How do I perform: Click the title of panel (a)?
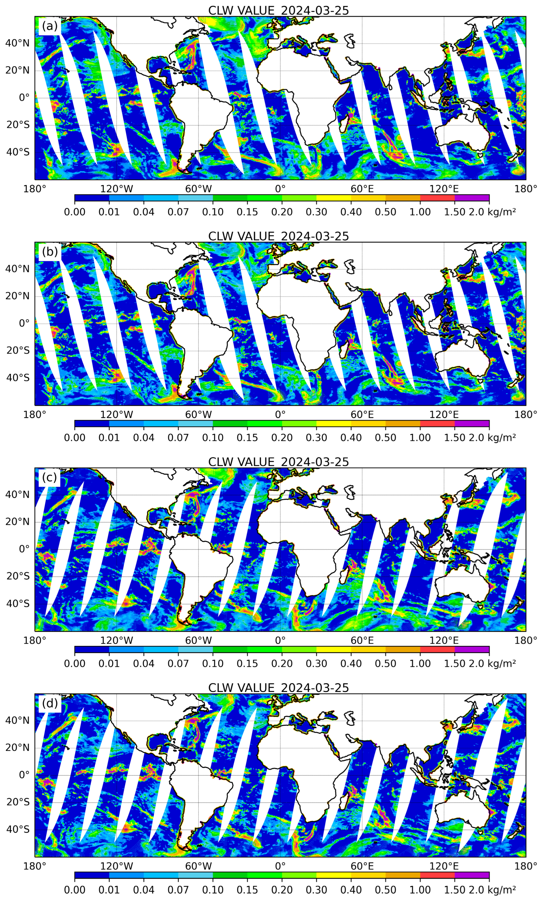pos(278,11)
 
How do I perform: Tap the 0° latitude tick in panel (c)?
pos(24,549)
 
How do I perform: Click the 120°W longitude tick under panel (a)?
pos(117,189)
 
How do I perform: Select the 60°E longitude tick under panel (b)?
pos(362,415)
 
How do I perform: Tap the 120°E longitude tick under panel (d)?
pos(444,866)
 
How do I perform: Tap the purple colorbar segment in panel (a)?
pos(472,198)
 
